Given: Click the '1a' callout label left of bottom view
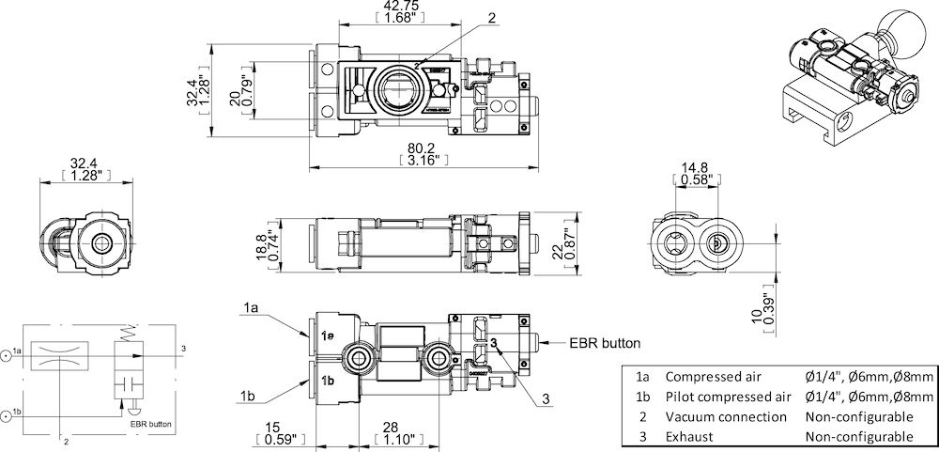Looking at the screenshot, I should (x=250, y=308).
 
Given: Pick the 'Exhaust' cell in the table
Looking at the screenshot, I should (x=689, y=437).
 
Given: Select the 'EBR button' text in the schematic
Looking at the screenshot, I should (x=151, y=424).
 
